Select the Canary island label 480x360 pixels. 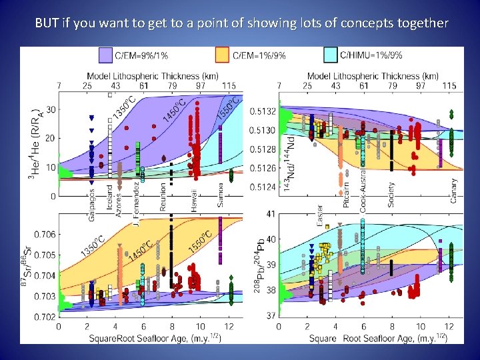tap(453, 190)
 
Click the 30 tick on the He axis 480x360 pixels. tap(51, 109)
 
